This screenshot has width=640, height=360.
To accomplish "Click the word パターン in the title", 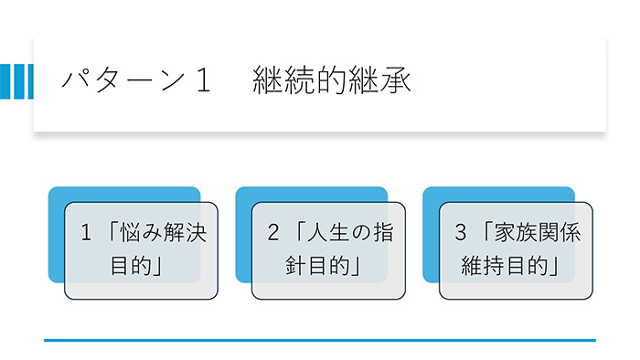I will [x=115, y=80].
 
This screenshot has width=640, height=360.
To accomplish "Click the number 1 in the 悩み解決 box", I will [x=87, y=234].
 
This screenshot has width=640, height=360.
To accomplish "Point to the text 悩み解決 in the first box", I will [x=165, y=234].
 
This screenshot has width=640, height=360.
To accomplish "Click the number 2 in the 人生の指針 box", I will [x=273, y=234].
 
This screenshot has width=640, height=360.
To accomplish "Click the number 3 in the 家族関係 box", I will [x=461, y=234].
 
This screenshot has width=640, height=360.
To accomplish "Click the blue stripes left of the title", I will [x=16, y=80].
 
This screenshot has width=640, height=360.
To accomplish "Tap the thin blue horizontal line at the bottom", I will [x=320, y=340].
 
